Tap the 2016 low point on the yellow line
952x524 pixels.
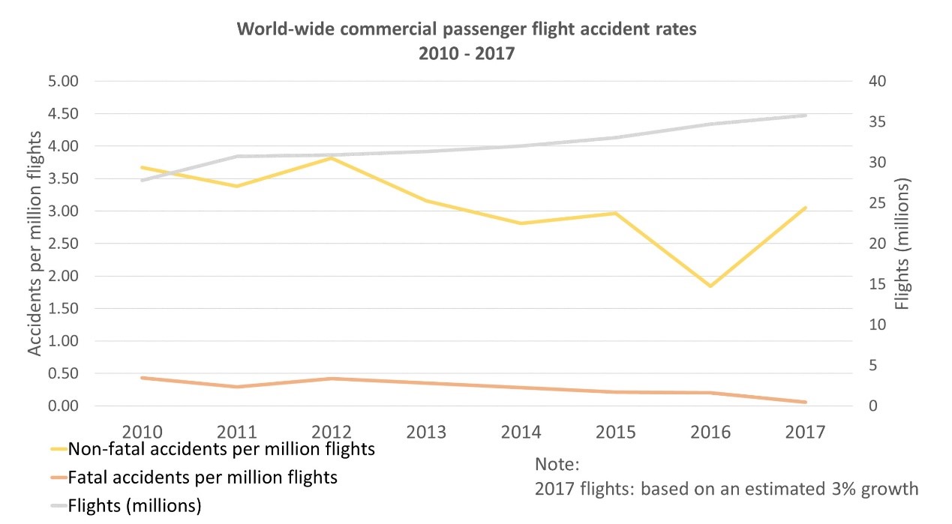click(710, 286)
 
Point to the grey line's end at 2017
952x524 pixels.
click(806, 115)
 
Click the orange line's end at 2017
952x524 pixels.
click(806, 403)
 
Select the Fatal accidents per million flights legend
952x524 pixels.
click(203, 478)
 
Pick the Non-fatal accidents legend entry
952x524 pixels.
click(221, 450)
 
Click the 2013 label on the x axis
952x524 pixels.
click(426, 432)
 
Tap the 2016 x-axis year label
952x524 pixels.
click(710, 432)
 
